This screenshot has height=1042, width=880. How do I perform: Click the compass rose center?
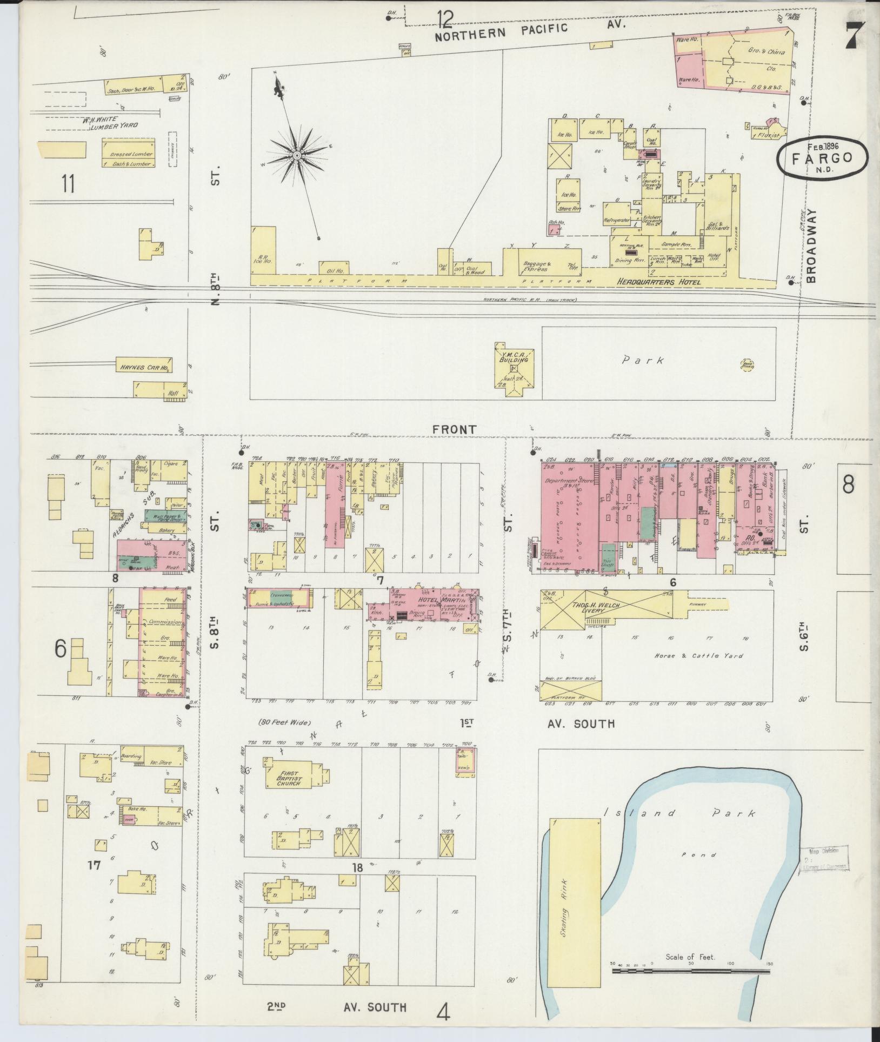pos(297,156)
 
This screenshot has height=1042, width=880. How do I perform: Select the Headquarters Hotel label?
pos(659,282)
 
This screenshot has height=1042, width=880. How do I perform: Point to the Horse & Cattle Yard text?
pos(698,655)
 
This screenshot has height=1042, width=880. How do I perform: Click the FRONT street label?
pos(454,429)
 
